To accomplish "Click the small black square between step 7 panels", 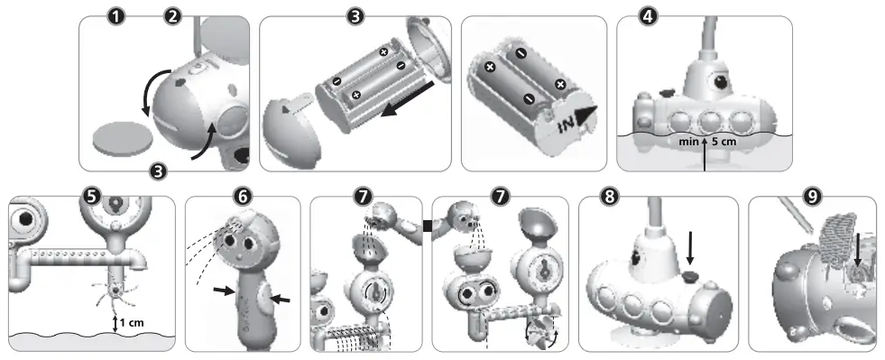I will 427,214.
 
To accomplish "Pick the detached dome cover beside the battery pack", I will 290,132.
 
